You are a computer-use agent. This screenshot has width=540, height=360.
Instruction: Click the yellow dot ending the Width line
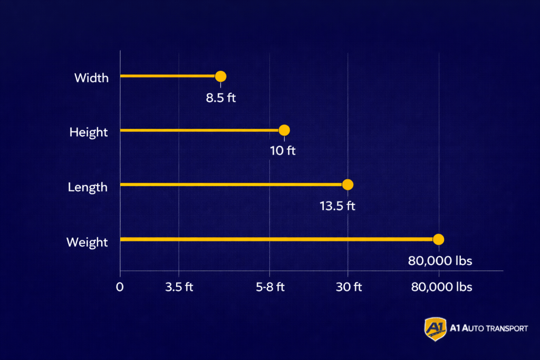click(220, 76)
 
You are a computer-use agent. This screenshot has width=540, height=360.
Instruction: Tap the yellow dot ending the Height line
click(284, 130)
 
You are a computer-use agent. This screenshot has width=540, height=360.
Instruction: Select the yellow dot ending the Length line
click(348, 184)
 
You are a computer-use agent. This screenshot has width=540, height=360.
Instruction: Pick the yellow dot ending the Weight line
click(438, 239)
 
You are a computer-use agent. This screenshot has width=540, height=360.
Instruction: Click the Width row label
click(91, 79)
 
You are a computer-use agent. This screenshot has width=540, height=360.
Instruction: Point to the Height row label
click(89, 132)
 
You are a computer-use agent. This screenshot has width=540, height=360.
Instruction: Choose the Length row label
click(88, 187)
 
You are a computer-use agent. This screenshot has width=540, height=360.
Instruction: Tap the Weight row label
click(87, 242)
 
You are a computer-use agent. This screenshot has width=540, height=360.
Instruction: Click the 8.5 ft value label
click(221, 98)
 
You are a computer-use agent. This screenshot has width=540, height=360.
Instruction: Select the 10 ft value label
click(283, 151)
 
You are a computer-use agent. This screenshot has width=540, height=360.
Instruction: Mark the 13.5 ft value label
click(337, 206)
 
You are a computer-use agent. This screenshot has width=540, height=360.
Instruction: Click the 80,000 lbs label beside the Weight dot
click(440, 260)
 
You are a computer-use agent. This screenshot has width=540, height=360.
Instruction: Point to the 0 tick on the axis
click(120, 287)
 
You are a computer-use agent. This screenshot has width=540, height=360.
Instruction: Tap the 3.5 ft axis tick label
click(179, 287)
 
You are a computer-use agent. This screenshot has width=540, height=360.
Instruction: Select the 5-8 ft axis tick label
click(270, 287)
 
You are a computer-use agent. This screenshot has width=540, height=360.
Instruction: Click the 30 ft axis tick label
click(348, 287)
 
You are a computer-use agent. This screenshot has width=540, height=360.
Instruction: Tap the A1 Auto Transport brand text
click(488, 328)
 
